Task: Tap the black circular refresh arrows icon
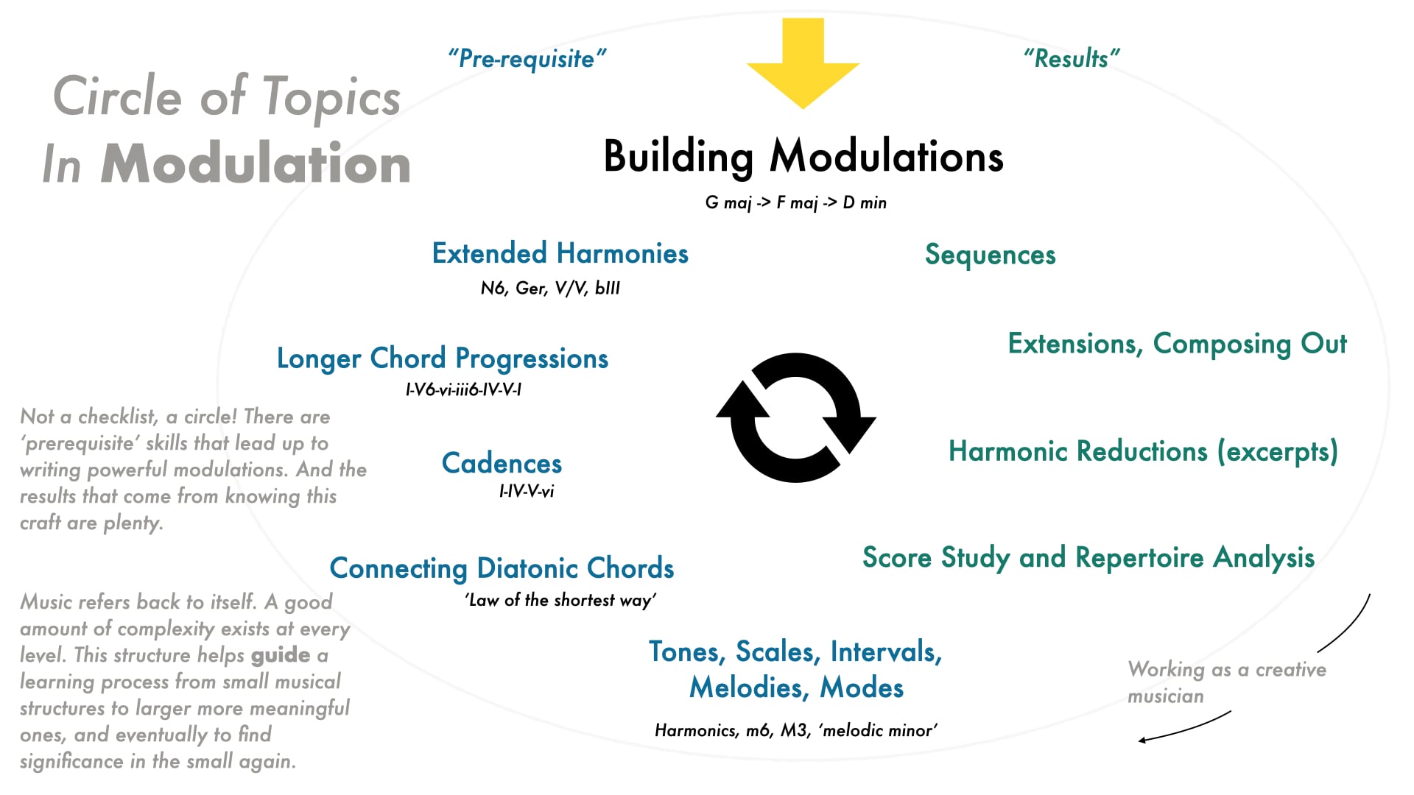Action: coord(796,417)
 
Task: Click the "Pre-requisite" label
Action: coord(527,58)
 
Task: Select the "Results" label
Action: coord(1072,58)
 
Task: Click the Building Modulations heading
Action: coord(803,157)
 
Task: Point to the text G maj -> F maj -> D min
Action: coord(795,202)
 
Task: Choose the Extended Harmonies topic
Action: coord(560,254)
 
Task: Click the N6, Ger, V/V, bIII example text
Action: coord(550,288)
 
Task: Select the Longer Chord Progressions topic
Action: coord(442,358)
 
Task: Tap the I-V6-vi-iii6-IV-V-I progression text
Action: coord(463,389)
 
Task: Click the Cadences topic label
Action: coord(502,463)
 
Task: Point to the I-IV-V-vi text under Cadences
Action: coord(527,491)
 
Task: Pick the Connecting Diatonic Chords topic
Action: coord(502,568)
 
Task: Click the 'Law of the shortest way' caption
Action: coord(560,600)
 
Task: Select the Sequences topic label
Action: coord(990,255)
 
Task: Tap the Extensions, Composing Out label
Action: coord(1177,344)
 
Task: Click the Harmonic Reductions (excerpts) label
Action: coord(1143,451)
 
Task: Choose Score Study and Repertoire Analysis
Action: coord(1088,558)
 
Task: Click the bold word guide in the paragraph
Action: coord(281,655)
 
